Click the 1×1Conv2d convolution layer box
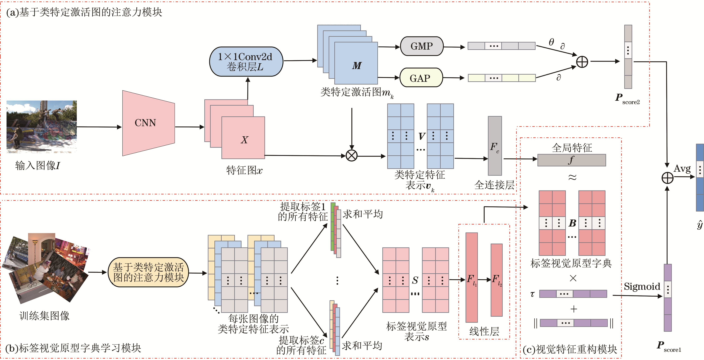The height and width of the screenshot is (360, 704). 246,61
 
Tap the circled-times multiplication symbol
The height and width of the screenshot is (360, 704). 351,156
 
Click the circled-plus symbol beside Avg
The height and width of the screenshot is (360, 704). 667,178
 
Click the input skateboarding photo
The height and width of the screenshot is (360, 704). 42,126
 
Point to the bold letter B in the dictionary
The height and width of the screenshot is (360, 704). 572,223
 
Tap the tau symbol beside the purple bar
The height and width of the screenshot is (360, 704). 532,294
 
